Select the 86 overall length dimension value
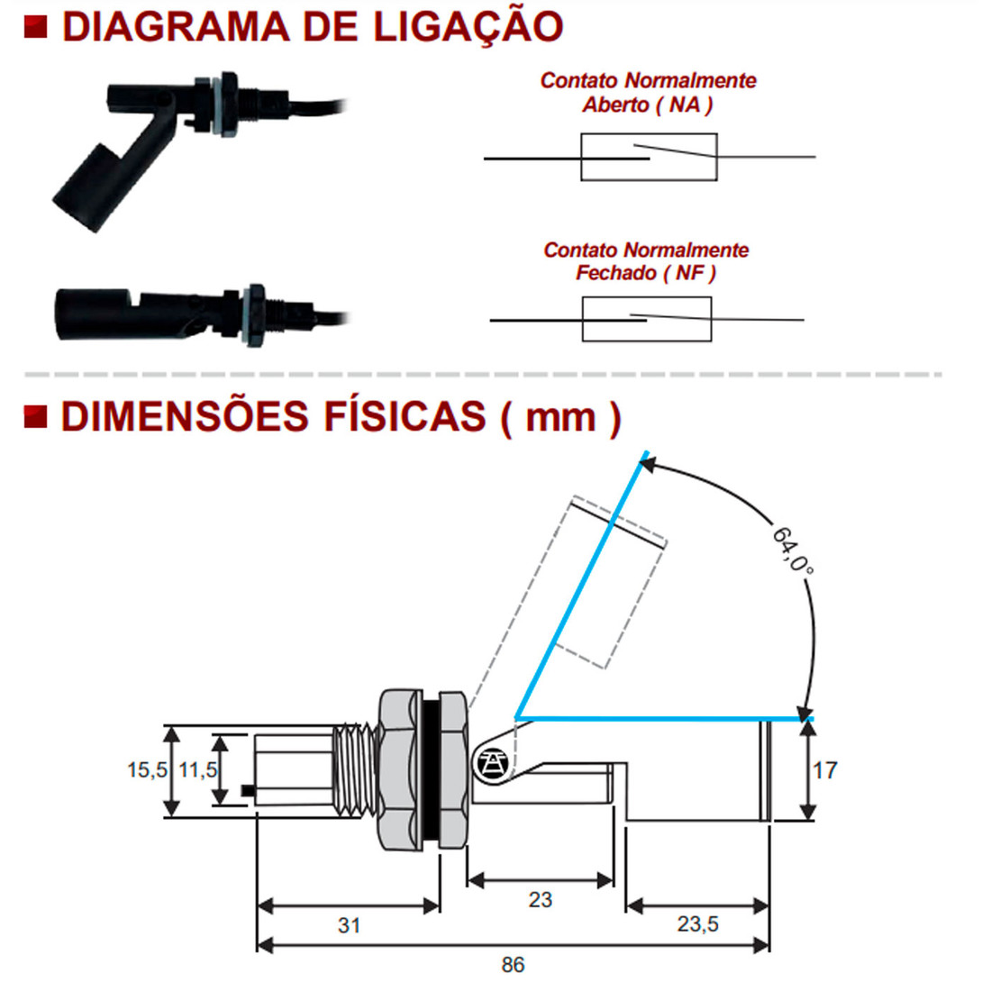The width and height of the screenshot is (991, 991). tap(513, 965)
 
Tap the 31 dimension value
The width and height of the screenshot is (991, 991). tap(349, 925)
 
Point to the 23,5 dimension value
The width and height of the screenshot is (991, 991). tap(697, 923)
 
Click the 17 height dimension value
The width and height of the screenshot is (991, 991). tap(825, 770)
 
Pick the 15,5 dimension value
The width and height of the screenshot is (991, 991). tap(147, 770)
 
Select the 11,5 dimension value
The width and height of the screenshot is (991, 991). tap(197, 770)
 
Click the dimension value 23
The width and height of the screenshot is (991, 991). tap(540, 899)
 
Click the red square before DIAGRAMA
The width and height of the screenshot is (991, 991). tap(35, 26)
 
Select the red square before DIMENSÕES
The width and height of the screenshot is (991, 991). tap(35, 416)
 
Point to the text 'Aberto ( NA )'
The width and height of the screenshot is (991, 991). tap(648, 105)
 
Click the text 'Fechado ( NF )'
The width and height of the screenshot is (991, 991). tap(646, 273)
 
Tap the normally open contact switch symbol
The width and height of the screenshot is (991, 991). tap(649, 158)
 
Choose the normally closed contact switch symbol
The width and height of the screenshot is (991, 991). tap(647, 319)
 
